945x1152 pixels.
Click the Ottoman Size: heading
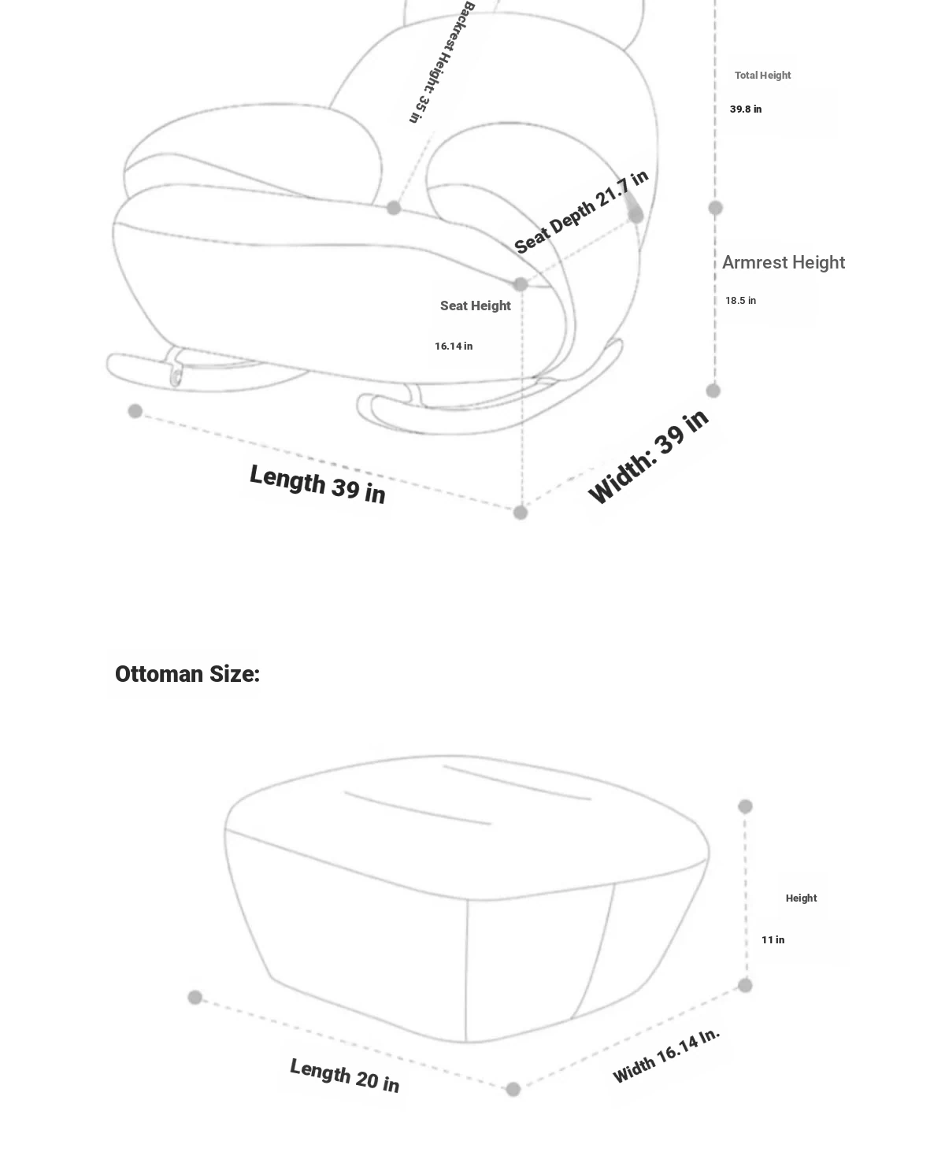[187, 674]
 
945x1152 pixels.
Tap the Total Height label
[762, 76]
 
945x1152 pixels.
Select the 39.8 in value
[746, 109]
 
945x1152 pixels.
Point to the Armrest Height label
[784, 263]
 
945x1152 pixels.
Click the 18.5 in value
[741, 301]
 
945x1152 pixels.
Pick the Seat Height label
[475, 306]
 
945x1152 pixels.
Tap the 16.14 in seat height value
[454, 346]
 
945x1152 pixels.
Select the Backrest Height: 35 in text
[442, 62]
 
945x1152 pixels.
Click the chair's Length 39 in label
[317, 484]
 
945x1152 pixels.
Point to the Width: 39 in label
[648, 457]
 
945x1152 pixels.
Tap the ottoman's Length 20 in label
[345, 1075]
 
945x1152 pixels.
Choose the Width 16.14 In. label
[666, 1055]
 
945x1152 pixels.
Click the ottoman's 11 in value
[773, 940]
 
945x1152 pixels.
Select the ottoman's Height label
[802, 898]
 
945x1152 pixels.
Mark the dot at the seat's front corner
[521, 284]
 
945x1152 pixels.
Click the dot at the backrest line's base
[393, 208]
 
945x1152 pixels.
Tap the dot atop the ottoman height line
[745, 807]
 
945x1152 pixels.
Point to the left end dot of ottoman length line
[195, 998]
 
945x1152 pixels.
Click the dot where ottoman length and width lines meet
[513, 1090]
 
